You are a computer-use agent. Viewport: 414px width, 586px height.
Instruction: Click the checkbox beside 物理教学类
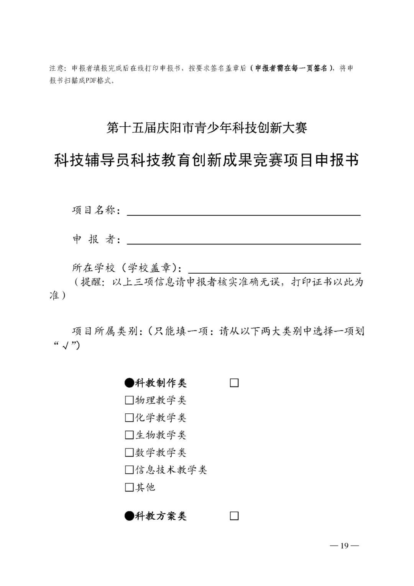[x=129, y=401]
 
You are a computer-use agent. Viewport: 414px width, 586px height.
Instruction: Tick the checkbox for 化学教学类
[x=129, y=418]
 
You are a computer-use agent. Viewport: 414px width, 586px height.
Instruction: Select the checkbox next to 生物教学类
[x=129, y=435]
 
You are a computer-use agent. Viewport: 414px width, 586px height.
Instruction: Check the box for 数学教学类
[x=129, y=453]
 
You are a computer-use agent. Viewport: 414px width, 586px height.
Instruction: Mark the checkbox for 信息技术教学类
[x=129, y=470]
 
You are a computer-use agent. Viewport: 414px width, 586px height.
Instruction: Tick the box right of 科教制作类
[x=234, y=383]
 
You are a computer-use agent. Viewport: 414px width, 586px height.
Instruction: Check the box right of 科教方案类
[x=234, y=516]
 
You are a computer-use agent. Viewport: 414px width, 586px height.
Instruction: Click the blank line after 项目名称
[x=243, y=212]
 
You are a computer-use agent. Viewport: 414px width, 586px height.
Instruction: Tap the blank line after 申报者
[x=243, y=240]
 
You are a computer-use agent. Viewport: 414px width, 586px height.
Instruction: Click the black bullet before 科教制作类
[x=129, y=383]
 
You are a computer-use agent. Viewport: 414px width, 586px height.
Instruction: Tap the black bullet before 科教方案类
[x=129, y=516]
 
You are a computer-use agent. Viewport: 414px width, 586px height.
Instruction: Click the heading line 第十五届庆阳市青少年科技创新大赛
[x=207, y=128]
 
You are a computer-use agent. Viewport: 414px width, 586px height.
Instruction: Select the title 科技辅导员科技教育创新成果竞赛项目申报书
[x=207, y=160]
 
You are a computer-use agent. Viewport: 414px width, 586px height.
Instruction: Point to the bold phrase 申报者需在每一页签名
[x=291, y=68]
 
